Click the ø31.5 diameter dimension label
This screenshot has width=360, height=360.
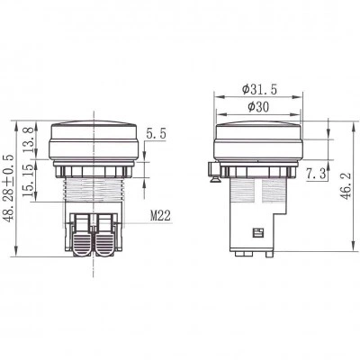click(x=259, y=89)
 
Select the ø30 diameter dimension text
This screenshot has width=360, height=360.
click(x=258, y=107)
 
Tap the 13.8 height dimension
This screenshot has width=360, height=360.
click(x=28, y=139)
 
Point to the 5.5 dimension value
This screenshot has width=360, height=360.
click(x=156, y=133)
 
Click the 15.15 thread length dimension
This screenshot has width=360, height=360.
click(x=28, y=180)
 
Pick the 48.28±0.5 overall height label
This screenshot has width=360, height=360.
click(x=8, y=188)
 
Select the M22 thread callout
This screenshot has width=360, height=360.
click(x=160, y=215)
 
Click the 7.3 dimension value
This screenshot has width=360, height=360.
click(x=316, y=174)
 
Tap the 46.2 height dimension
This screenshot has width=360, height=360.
click(x=346, y=187)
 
